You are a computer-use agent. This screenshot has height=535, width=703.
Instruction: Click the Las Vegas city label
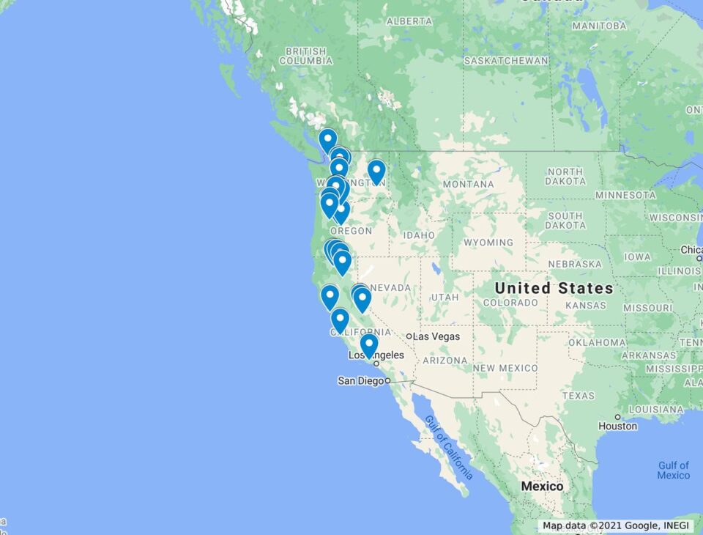pyautogui.click(x=436, y=336)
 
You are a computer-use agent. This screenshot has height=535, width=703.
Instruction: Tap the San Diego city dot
pyautogui.click(x=387, y=381)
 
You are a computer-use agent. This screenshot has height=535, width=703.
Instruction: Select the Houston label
pyautogui.click(x=617, y=426)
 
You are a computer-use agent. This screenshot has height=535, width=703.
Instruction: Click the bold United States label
pyautogui.click(x=554, y=288)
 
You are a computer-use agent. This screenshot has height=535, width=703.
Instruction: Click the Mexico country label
pyautogui.click(x=542, y=486)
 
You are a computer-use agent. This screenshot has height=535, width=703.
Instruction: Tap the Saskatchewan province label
pyautogui.click(x=506, y=60)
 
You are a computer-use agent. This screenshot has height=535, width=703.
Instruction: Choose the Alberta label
pyautogui.click(x=409, y=21)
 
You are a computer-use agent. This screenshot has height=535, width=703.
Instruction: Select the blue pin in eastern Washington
pyautogui.click(x=376, y=171)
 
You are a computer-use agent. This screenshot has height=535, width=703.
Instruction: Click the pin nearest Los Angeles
pyautogui.click(x=369, y=344)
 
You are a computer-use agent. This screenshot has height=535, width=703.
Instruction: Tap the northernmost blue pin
pyautogui.click(x=328, y=139)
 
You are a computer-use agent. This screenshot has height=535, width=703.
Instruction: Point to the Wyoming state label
pyautogui.click(x=488, y=242)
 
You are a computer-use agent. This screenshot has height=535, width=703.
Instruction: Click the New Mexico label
pyautogui.click(x=505, y=368)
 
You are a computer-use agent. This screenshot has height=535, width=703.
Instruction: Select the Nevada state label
pyautogui.click(x=390, y=288)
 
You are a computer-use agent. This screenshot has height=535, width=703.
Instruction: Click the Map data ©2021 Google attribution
pyautogui.click(x=615, y=525)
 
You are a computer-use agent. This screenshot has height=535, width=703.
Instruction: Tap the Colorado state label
pyautogui.click(x=510, y=302)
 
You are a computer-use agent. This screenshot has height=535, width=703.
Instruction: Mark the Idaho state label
pyautogui.click(x=419, y=235)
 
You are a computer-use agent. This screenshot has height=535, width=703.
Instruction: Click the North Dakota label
pyautogui.click(x=565, y=176)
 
